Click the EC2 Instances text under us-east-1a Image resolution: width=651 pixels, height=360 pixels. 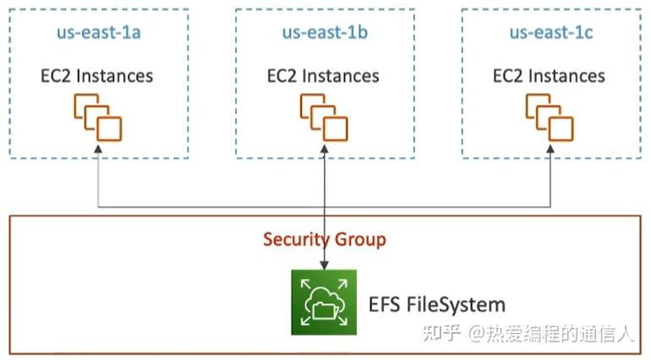(x=98, y=75)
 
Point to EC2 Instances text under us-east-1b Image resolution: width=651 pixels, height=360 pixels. (x=325, y=75)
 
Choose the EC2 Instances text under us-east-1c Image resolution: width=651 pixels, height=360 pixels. (x=550, y=75)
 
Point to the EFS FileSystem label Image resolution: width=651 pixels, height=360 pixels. (x=436, y=304)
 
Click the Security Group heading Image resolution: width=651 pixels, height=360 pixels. (x=325, y=239)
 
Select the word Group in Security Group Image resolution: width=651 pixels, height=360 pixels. (x=360, y=240)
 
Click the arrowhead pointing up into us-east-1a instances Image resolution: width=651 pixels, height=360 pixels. (x=98, y=150)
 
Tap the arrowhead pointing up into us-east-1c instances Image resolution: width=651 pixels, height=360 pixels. (x=550, y=150)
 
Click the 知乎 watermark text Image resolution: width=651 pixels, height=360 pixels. (x=443, y=334)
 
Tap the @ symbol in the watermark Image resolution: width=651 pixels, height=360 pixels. (x=479, y=335)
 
